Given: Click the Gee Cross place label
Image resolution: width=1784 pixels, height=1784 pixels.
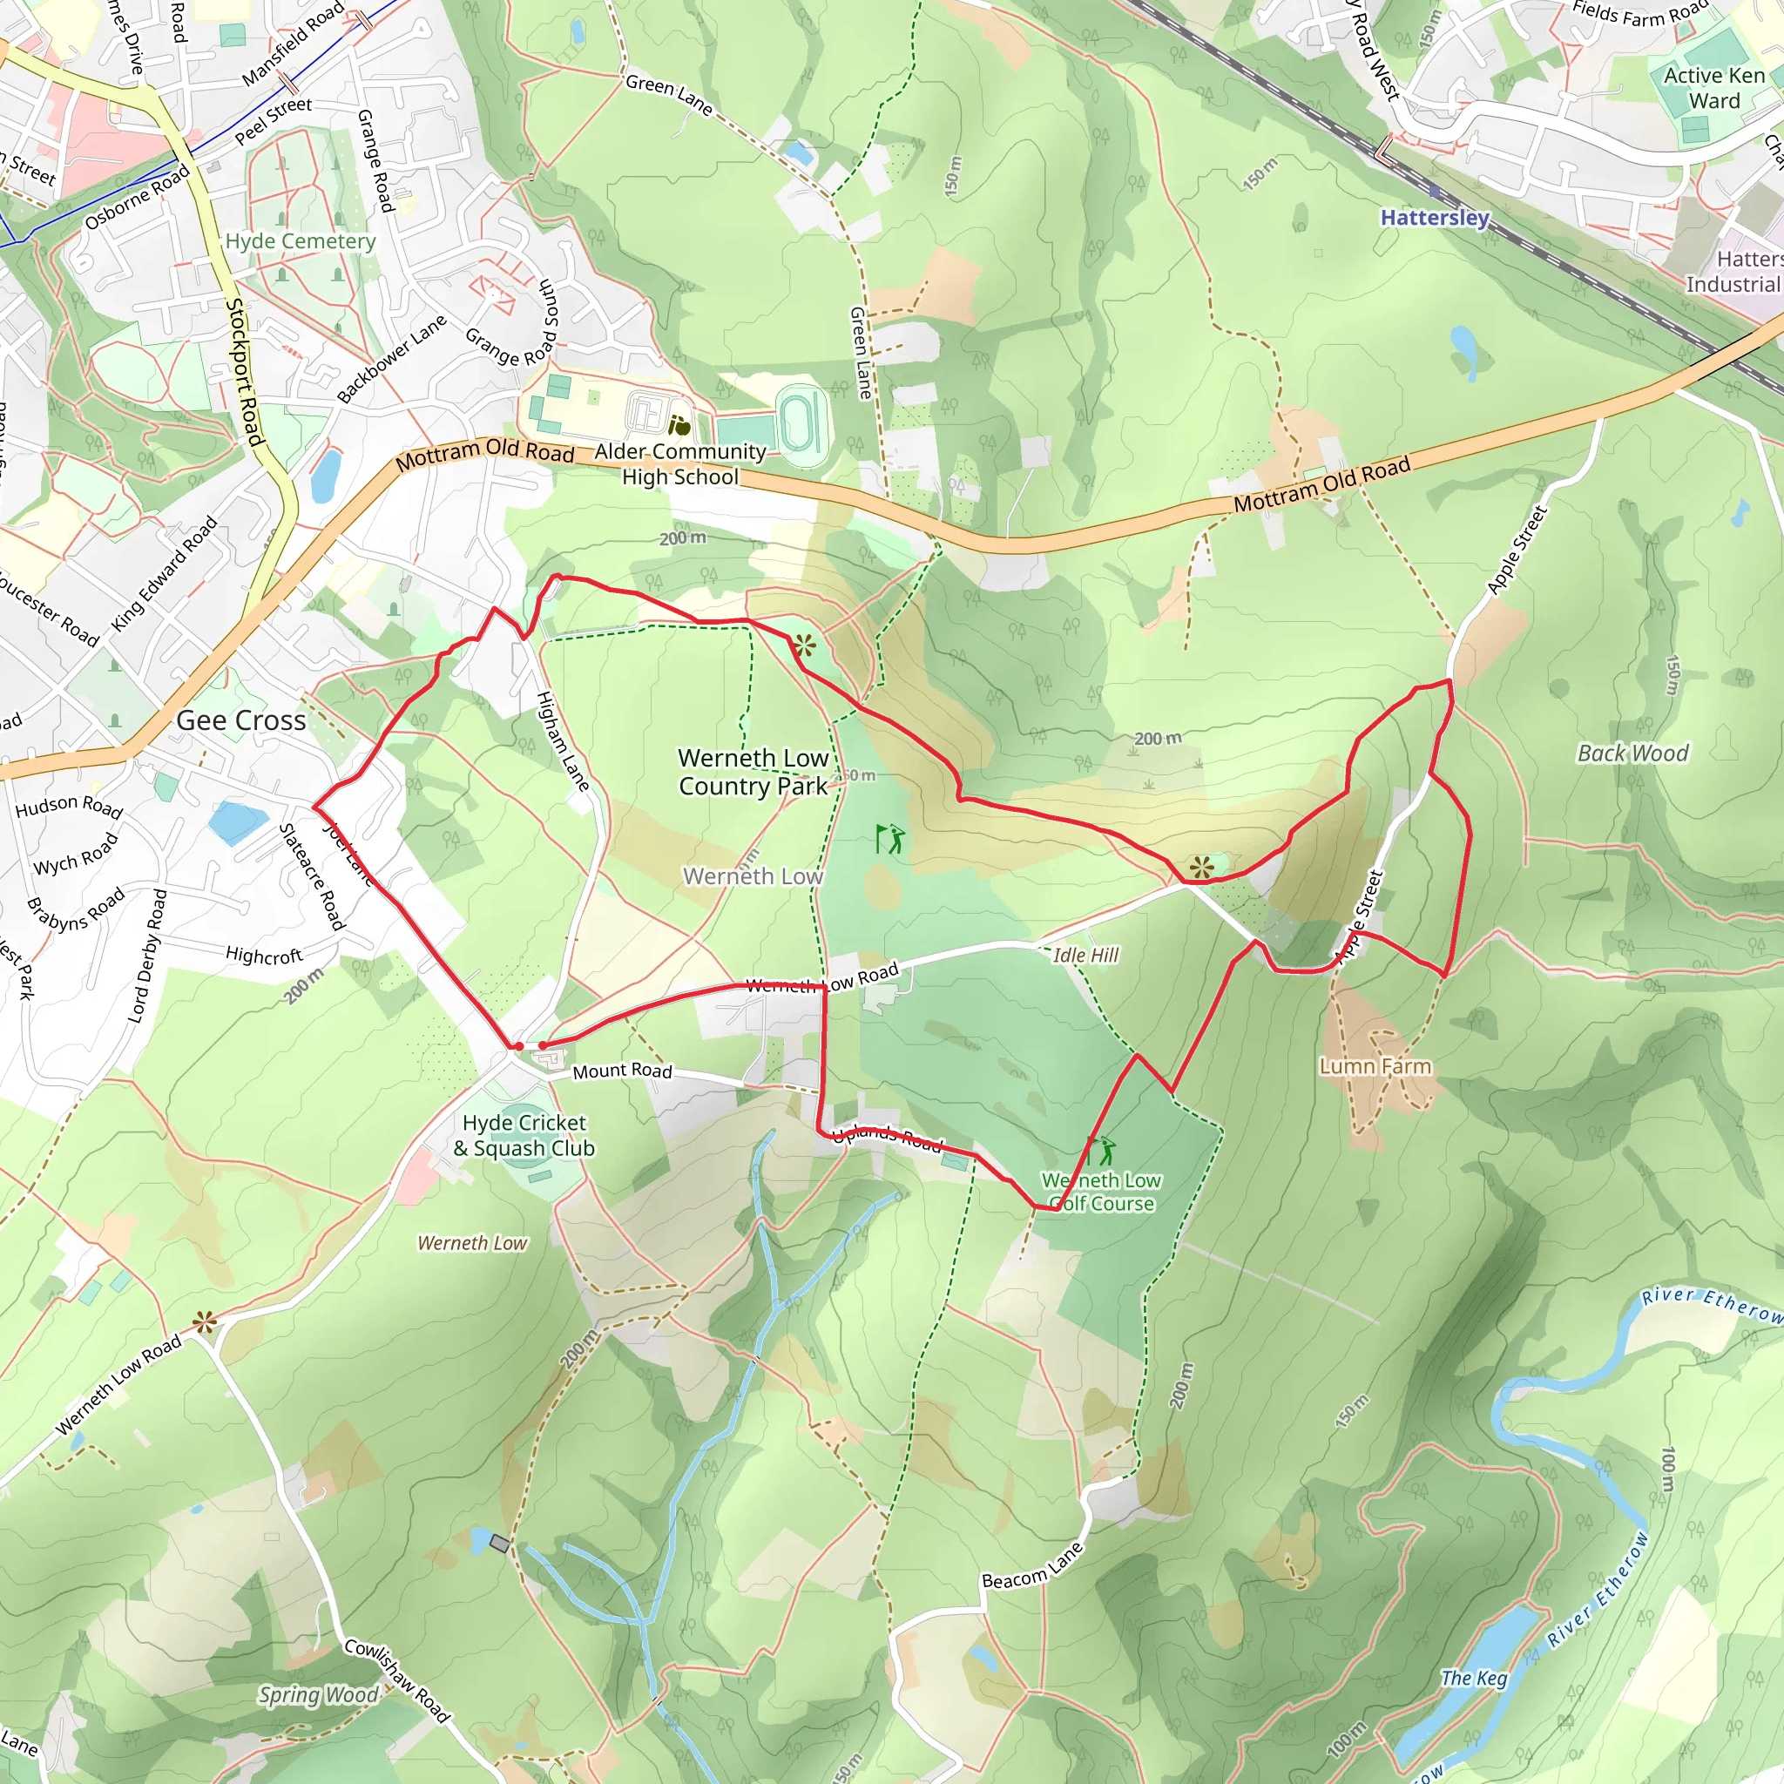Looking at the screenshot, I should (x=241, y=720).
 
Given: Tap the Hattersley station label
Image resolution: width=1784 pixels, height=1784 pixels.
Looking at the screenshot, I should (x=1434, y=218).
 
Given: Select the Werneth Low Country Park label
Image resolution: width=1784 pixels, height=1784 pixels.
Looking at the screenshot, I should (x=753, y=772).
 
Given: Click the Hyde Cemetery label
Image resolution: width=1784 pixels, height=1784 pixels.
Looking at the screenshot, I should (x=301, y=241).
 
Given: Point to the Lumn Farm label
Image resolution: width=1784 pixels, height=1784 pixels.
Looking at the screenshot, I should (x=1375, y=1066).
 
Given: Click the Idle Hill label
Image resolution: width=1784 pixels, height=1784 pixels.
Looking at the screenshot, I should (x=1085, y=955).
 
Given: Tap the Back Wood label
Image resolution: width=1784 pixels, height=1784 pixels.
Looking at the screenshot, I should (x=1632, y=753).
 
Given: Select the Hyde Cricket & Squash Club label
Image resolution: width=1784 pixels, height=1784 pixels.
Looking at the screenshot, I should (x=524, y=1136).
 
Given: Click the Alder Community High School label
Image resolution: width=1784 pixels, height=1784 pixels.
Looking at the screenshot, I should (x=679, y=464).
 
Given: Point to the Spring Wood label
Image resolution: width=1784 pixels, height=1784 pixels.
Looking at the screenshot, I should (x=319, y=1695).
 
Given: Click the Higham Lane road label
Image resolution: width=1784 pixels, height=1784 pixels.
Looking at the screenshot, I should (x=562, y=741).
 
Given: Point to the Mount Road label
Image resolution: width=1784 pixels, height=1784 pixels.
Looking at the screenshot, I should (x=622, y=1071).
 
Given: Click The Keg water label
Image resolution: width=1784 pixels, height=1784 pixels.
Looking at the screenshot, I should (x=1474, y=1679).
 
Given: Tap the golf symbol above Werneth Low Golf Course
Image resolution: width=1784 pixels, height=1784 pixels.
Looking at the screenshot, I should (x=1103, y=1151).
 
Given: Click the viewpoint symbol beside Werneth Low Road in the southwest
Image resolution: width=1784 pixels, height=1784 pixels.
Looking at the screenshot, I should (x=205, y=1324).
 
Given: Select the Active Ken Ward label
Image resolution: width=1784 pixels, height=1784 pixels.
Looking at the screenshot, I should (x=1713, y=89).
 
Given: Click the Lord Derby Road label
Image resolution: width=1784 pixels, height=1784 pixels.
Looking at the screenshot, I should (x=147, y=956).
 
